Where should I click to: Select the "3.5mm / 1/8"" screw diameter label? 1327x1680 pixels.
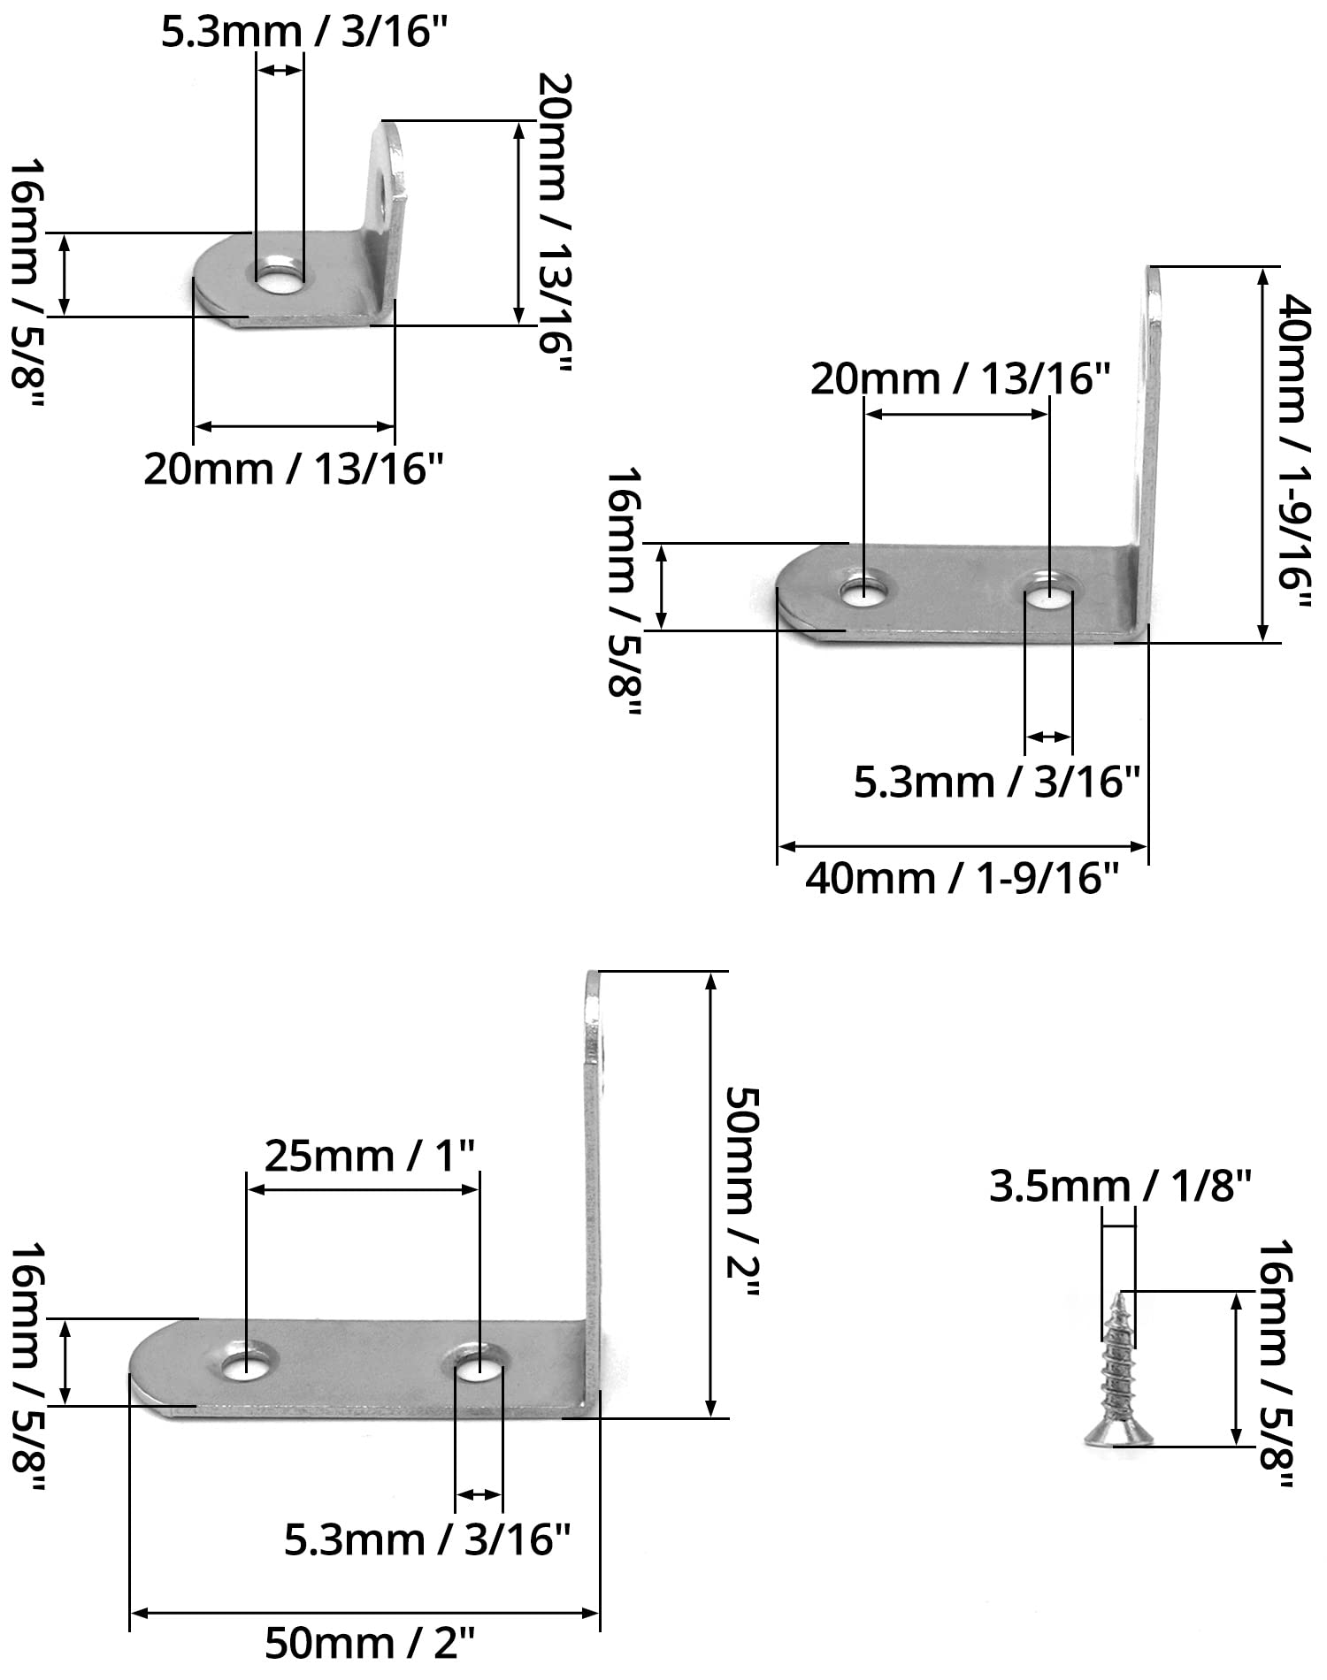[1120, 1187]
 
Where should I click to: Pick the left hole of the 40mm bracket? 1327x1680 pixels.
[863, 591]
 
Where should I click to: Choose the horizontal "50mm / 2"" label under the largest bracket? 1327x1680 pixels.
[370, 1646]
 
